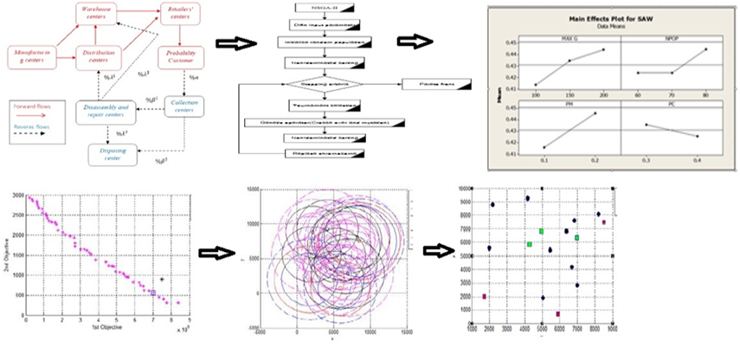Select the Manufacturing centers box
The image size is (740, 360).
click(29, 57)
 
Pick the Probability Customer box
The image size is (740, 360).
click(182, 57)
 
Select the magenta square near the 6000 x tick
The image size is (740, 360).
click(558, 313)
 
